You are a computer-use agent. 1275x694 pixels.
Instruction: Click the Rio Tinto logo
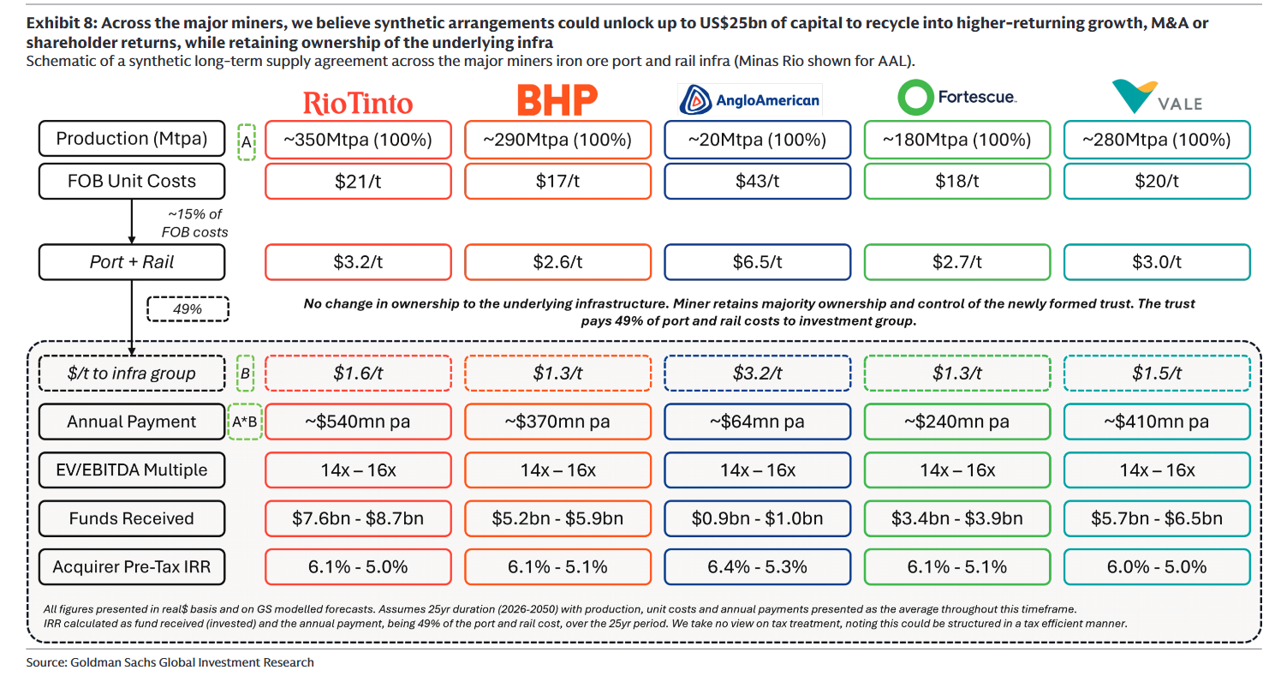point(358,104)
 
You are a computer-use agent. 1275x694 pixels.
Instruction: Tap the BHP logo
point(557,101)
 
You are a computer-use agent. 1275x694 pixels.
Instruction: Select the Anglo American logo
point(750,100)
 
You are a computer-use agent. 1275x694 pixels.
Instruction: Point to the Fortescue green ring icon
point(915,98)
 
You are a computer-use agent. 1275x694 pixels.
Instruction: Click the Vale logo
point(1156,97)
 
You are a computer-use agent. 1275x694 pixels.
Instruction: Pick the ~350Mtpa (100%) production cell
point(358,139)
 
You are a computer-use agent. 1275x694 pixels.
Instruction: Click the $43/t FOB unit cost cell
point(757,181)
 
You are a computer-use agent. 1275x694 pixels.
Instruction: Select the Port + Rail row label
point(132,262)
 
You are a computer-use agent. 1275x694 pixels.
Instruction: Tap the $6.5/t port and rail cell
point(757,262)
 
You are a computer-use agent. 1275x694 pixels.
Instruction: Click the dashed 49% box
point(188,308)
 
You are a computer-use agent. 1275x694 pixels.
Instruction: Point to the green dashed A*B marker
point(245,422)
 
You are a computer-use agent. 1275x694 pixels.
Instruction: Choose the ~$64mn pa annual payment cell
point(757,422)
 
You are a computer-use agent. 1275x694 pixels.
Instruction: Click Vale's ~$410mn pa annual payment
point(1156,422)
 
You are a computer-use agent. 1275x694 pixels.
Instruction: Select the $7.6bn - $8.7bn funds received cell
point(358,518)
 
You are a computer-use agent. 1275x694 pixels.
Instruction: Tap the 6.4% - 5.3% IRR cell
point(757,566)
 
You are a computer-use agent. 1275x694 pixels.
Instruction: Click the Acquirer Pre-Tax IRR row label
point(132,566)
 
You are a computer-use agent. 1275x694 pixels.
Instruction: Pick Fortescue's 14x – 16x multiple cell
point(956,470)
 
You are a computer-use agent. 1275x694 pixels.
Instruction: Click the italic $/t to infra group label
point(132,373)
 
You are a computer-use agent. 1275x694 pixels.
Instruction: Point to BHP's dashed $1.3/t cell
point(557,373)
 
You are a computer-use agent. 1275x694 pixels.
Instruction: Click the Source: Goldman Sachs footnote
point(170,662)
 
